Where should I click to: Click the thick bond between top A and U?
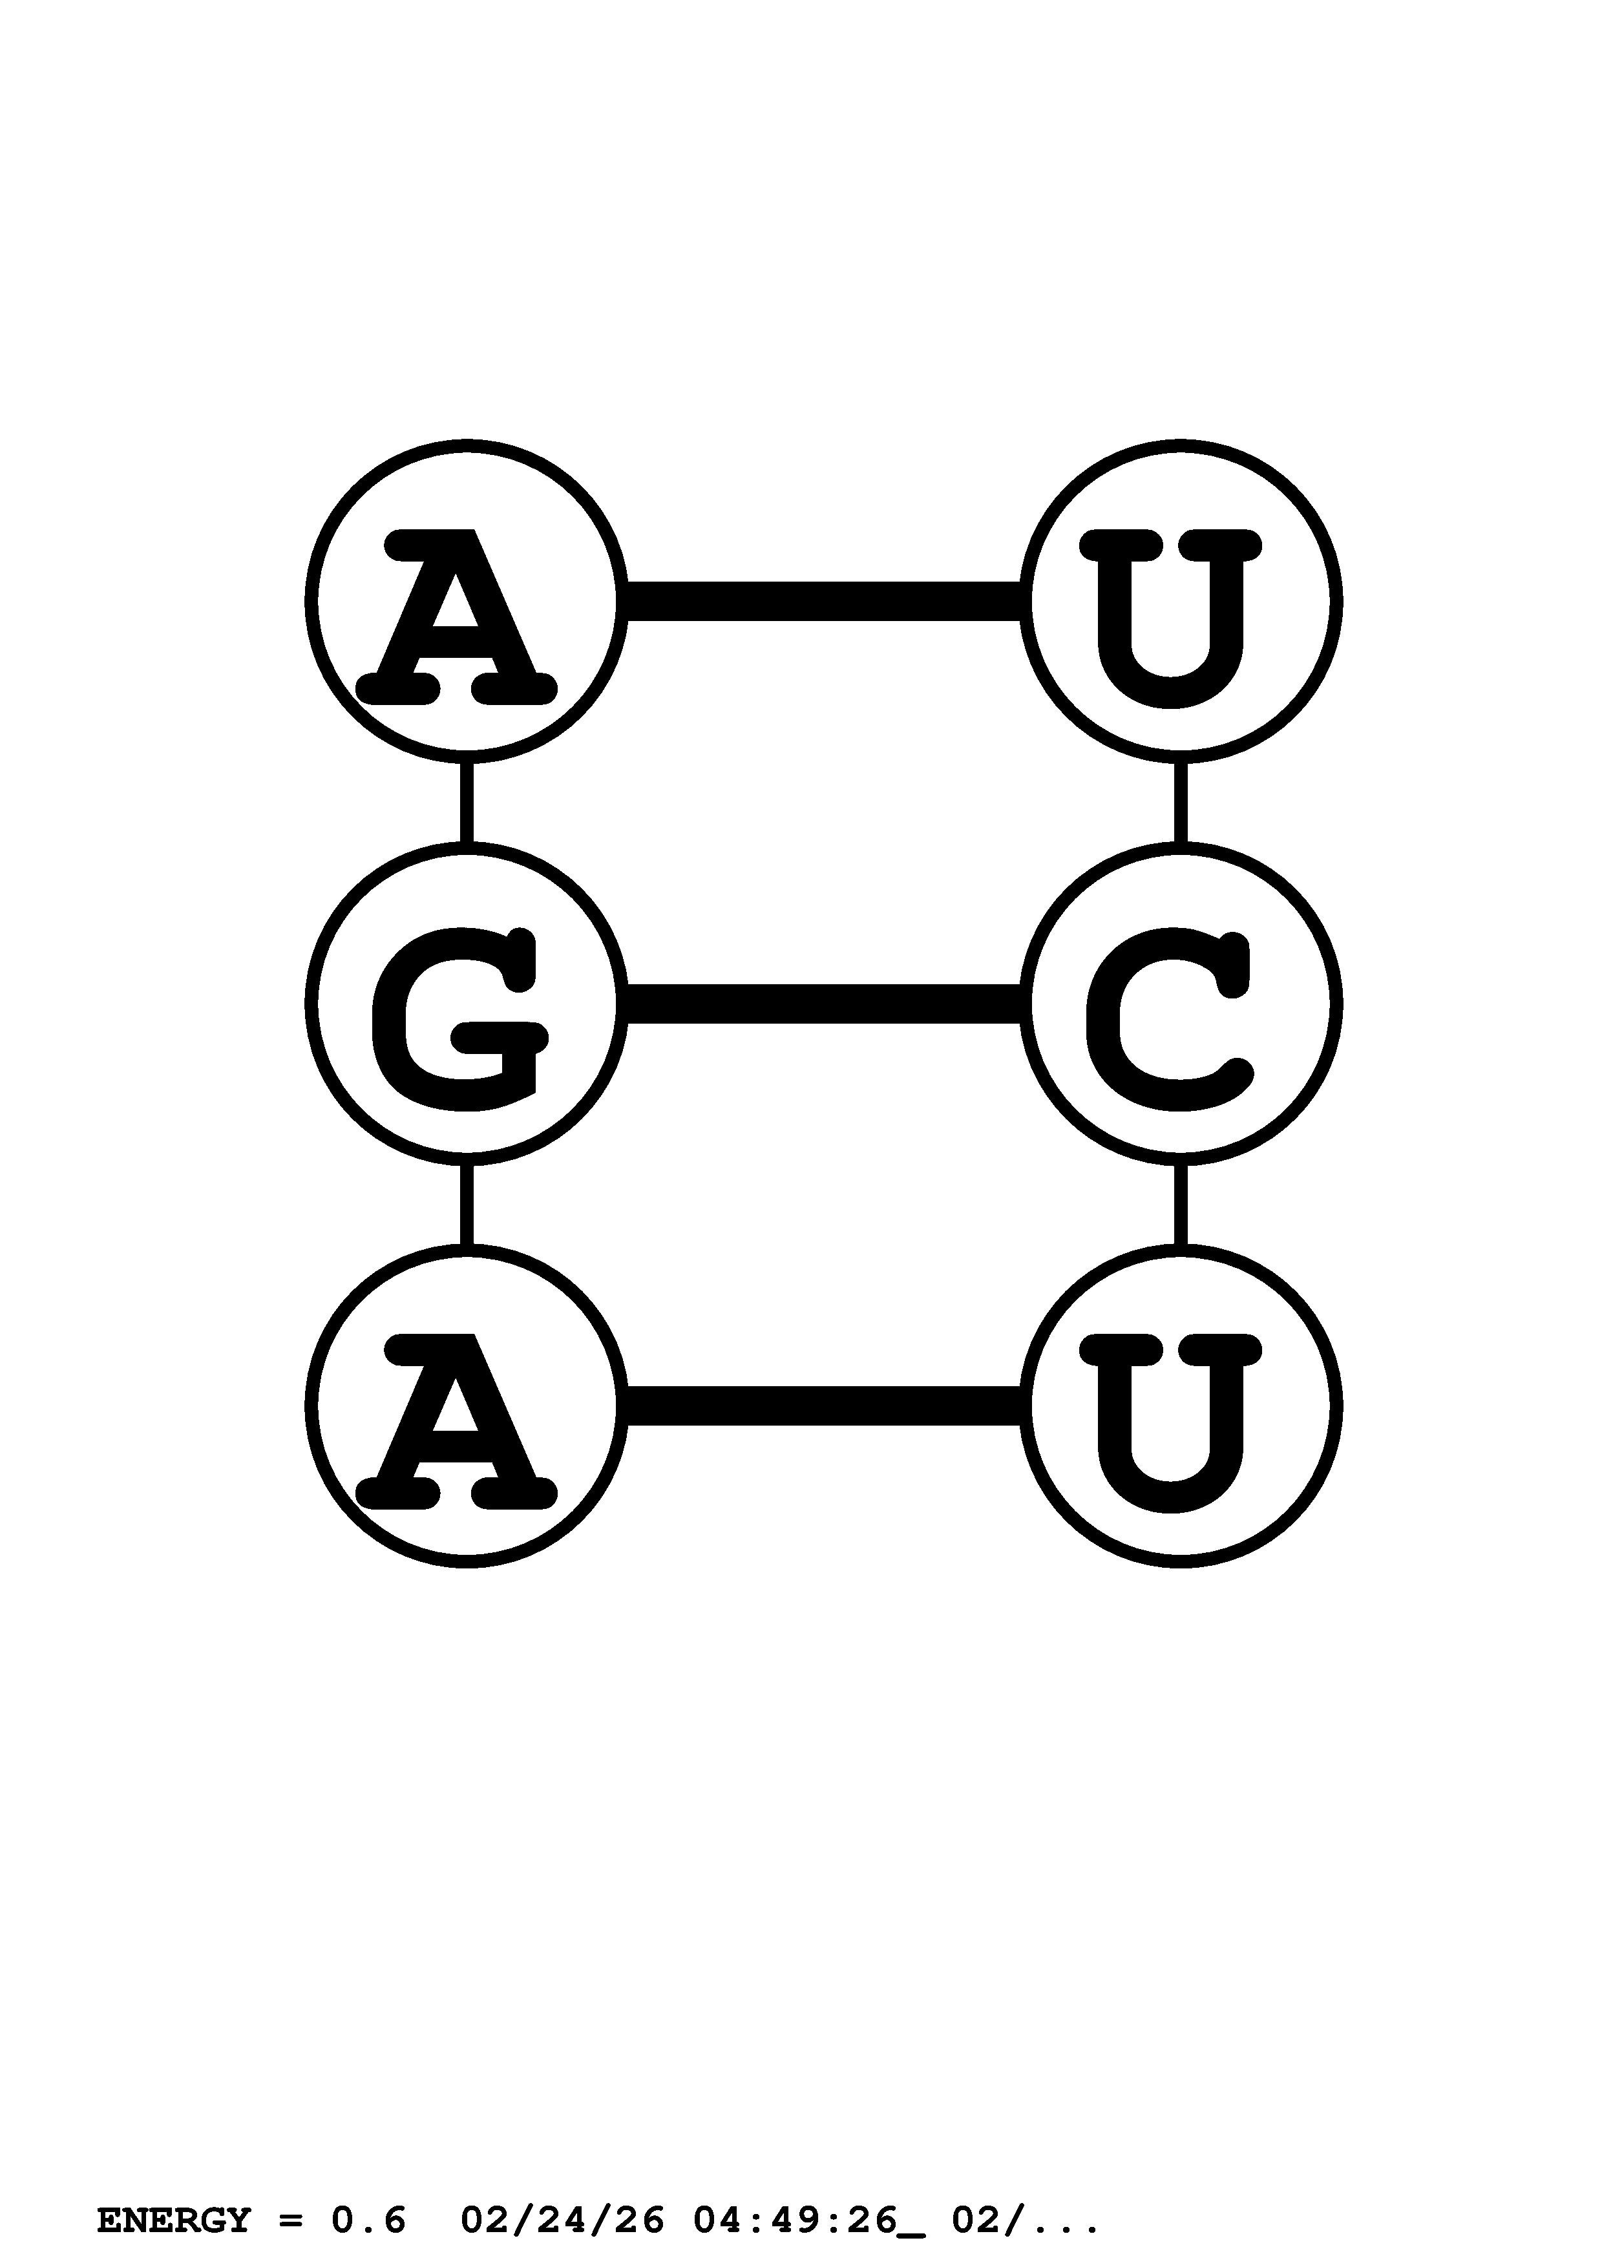click(823, 601)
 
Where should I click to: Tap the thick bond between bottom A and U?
click(823, 1406)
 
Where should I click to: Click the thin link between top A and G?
click(467, 802)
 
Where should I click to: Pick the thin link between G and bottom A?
click(467, 1205)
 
